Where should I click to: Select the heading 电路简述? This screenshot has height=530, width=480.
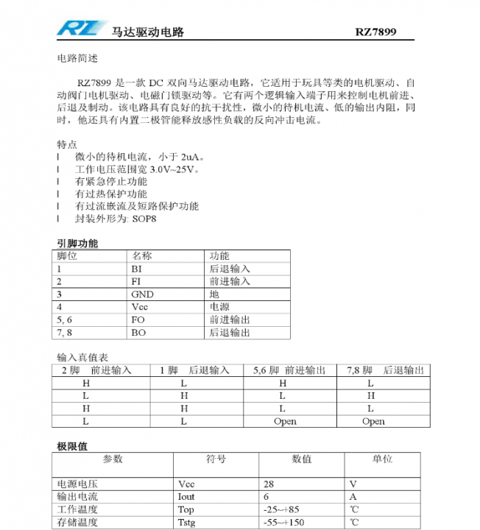coord(77,57)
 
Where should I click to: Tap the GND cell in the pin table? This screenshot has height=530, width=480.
coord(143,294)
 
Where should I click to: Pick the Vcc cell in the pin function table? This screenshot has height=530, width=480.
coord(140,307)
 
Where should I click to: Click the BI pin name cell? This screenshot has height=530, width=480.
coord(137,269)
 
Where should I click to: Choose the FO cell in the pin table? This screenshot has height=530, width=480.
coord(138,320)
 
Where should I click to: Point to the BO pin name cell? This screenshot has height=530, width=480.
coord(138,333)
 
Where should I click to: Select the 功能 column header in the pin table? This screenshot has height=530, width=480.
coord(219,256)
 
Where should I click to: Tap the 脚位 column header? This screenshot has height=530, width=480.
coord(67,256)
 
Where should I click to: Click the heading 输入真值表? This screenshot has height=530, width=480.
coord(82,357)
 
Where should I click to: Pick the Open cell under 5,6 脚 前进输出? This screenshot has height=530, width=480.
coord(285,422)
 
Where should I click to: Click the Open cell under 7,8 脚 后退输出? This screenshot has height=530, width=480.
coord(373,422)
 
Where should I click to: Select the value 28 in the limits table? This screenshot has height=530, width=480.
coord(269,484)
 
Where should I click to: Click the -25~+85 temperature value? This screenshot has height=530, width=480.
coord(280,509)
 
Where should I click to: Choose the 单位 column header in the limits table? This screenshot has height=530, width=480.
coord(382,459)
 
